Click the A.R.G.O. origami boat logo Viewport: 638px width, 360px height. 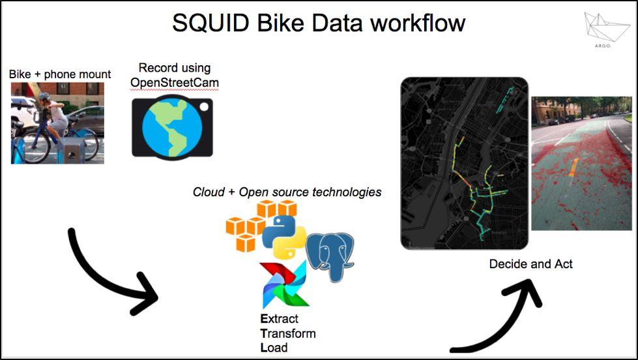(x=608, y=29)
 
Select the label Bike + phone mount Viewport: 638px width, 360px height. (x=60, y=74)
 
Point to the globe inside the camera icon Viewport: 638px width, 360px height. (x=168, y=127)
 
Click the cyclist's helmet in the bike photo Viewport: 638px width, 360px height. (x=43, y=98)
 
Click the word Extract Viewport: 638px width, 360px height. (x=279, y=319)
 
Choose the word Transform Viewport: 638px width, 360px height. (x=287, y=333)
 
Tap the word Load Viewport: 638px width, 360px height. (x=274, y=347)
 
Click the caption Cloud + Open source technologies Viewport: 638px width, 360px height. (x=287, y=192)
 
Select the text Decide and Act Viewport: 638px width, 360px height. (x=531, y=264)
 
